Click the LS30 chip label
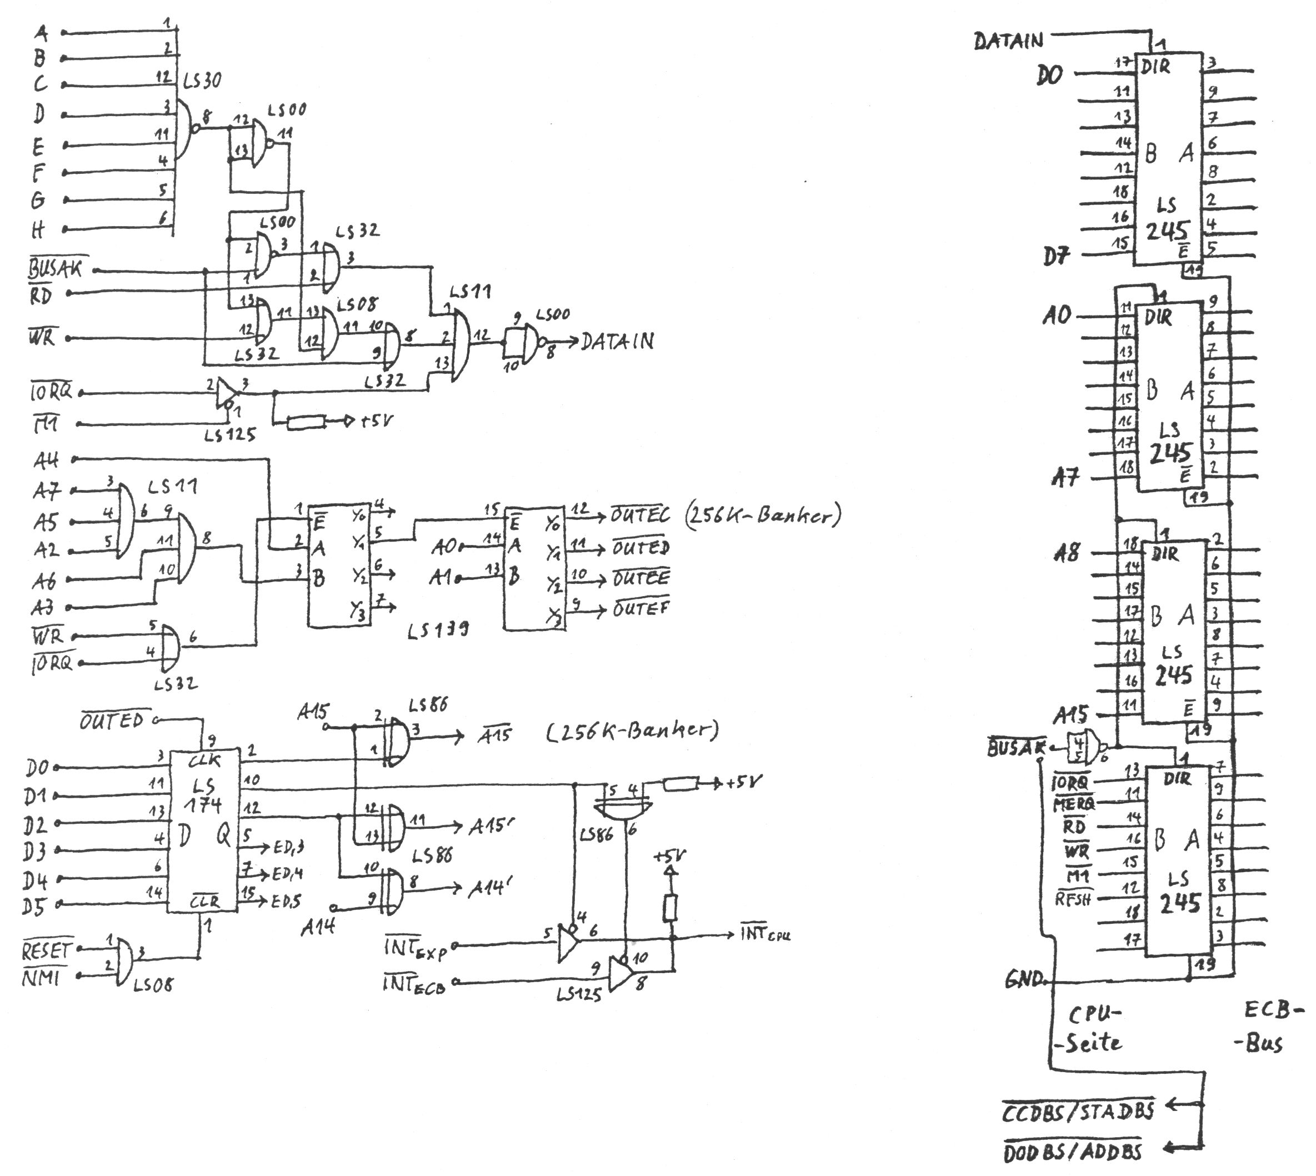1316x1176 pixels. pyautogui.click(x=202, y=81)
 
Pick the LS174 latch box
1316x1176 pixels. pyautogui.click(x=203, y=832)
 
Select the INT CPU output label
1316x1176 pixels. pyautogui.click(x=765, y=934)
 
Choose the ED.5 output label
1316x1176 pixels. pyautogui.click(x=286, y=902)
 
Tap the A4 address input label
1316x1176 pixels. pyautogui.click(x=46, y=460)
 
